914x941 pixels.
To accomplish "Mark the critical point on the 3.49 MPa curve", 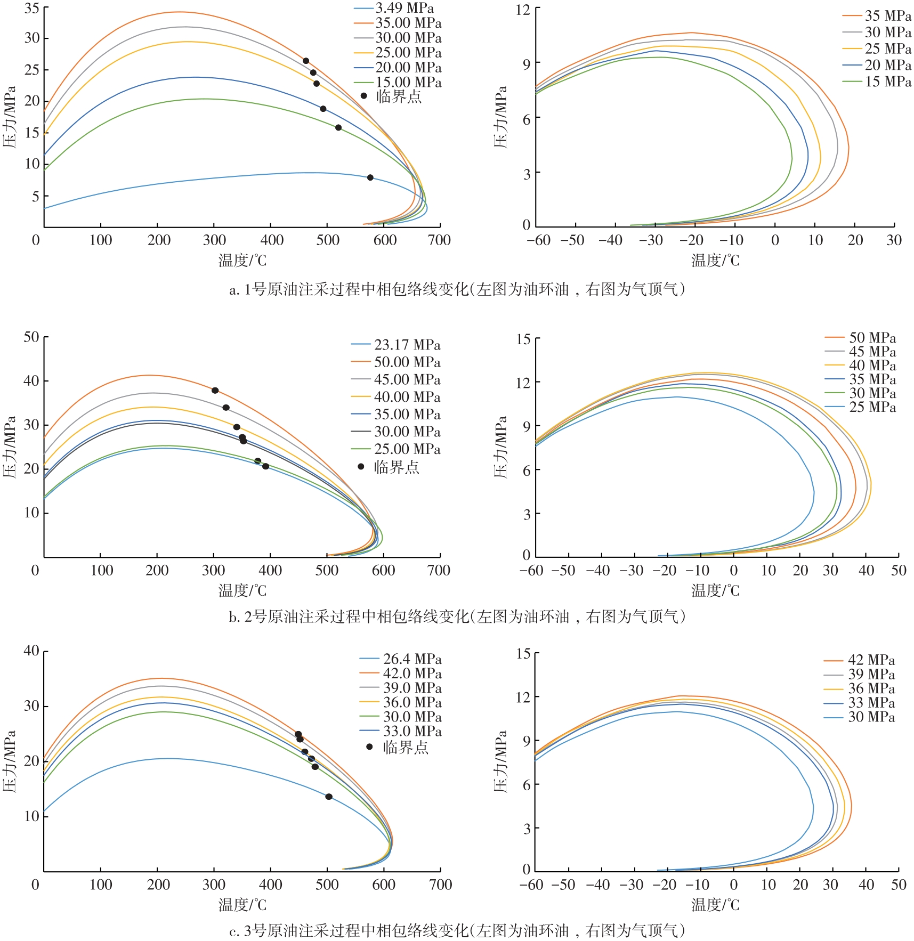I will tap(370, 177).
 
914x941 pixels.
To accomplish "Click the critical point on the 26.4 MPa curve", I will tap(329, 797).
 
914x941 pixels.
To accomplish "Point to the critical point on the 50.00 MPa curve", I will tap(215, 391).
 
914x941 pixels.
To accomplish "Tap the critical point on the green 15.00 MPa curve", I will tap(338, 127).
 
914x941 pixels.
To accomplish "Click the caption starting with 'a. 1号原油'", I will tap(457, 289).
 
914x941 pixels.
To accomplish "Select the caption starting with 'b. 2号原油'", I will tap(457, 616).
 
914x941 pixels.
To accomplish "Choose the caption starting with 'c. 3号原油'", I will tap(457, 930).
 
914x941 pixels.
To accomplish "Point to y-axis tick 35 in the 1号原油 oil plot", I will tap(32, 9).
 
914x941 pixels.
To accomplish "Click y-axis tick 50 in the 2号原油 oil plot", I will tap(31, 337).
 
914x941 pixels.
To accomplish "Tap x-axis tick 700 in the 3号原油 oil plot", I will tap(440, 885).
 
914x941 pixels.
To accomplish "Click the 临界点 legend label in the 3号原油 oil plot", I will tap(405, 747).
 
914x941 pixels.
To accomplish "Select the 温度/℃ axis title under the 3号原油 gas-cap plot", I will tap(715, 904).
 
